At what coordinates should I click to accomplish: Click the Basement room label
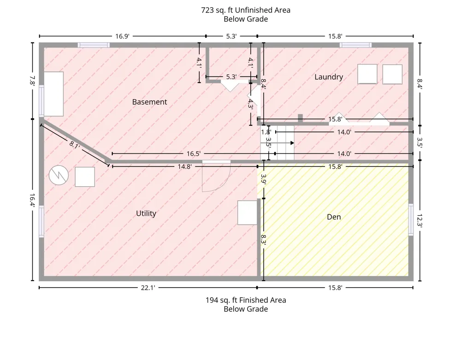point(149,102)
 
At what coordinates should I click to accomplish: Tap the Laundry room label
point(329,77)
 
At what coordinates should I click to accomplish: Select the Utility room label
point(146,213)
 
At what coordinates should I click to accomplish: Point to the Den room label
point(334,217)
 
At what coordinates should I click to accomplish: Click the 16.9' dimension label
point(122,36)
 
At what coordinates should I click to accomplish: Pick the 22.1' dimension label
point(148,288)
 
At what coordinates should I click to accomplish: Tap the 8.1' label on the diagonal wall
point(74,145)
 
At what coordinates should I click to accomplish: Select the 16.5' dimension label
point(194,153)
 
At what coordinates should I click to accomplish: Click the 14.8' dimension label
point(185,166)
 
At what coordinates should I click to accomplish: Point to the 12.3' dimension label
point(420,220)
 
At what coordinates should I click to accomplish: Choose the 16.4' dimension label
point(32,200)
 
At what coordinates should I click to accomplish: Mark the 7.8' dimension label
point(32,81)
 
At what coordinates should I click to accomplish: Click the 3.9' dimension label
point(263,179)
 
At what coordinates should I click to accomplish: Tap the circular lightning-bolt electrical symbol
point(59,176)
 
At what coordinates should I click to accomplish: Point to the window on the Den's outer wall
point(411,219)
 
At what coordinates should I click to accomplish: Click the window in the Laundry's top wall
point(355,45)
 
